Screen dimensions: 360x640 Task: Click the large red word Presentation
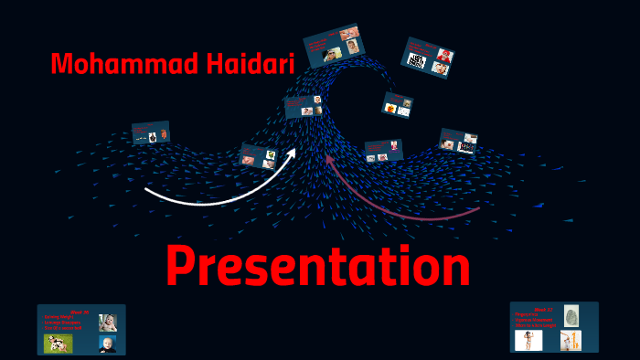[318, 267]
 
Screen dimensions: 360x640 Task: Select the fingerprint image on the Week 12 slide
[571, 316]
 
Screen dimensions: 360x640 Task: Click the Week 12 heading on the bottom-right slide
[543, 310]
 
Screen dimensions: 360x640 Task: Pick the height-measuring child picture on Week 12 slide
[571, 340]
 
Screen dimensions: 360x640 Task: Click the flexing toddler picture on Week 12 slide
[528, 340]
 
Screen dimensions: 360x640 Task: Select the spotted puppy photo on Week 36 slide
[59, 343]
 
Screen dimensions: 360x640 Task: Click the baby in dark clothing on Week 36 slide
[107, 344]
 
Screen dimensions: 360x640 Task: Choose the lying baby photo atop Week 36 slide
[107, 322]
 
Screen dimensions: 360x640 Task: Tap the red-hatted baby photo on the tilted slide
[443, 56]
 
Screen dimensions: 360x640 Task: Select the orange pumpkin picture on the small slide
[391, 109]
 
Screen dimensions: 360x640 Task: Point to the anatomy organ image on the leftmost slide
[163, 134]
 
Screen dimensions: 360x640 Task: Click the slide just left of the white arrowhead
[259, 156]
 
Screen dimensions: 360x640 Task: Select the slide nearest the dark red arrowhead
[384, 150]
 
